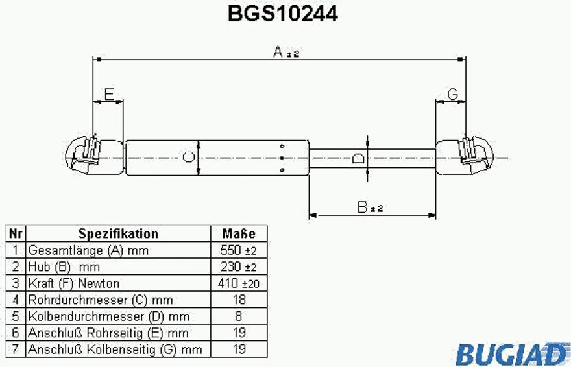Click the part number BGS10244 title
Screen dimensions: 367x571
(x=282, y=14)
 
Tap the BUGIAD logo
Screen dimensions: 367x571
(x=511, y=353)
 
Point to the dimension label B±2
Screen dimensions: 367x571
(x=370, y=207)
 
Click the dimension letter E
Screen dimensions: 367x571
(x=109, y=95)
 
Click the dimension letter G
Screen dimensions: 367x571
(x=452, y=95)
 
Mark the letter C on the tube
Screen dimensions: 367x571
(x=188, y=157)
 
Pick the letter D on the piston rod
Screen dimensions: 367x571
(x=358, y=158)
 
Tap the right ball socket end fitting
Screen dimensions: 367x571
(x=472, y=156)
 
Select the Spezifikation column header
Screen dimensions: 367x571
(x=118, y=233)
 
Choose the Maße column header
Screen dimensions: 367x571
(x=239, y=233)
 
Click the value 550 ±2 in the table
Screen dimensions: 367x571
(x=239, y=250)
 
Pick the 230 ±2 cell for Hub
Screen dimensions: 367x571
(x=239, y=266)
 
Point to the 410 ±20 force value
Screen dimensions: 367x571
(x=239, y=283)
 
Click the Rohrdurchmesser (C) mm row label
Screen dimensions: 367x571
(x=101, y=300)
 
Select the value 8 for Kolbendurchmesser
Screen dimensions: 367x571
(x=239, y=316)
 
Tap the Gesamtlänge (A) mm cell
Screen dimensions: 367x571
(x=89, y=250)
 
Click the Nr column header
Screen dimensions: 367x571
(x=15, y=233)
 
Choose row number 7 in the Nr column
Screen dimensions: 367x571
(x=15, y=349)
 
